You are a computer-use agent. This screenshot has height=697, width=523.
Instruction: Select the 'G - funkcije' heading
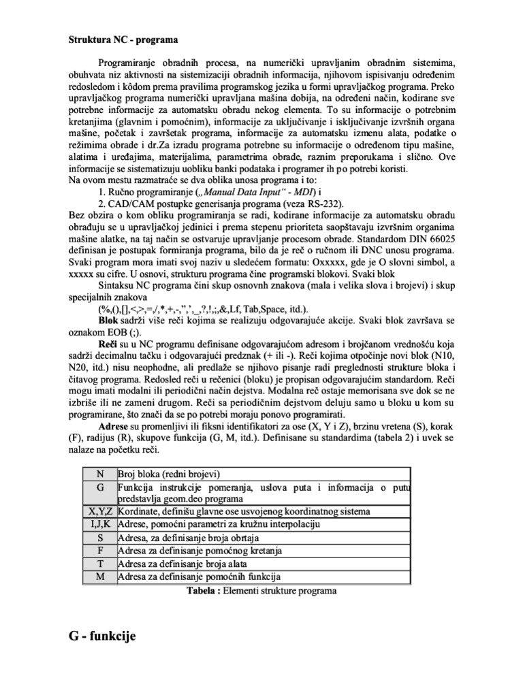(x=102, y=636)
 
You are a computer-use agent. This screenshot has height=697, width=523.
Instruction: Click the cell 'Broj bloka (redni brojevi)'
(x=170, y=474)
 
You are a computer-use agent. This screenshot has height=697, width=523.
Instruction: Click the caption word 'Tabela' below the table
(x=202, y=591)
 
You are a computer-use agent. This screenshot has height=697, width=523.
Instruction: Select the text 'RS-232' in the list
(x=323, y=204)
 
